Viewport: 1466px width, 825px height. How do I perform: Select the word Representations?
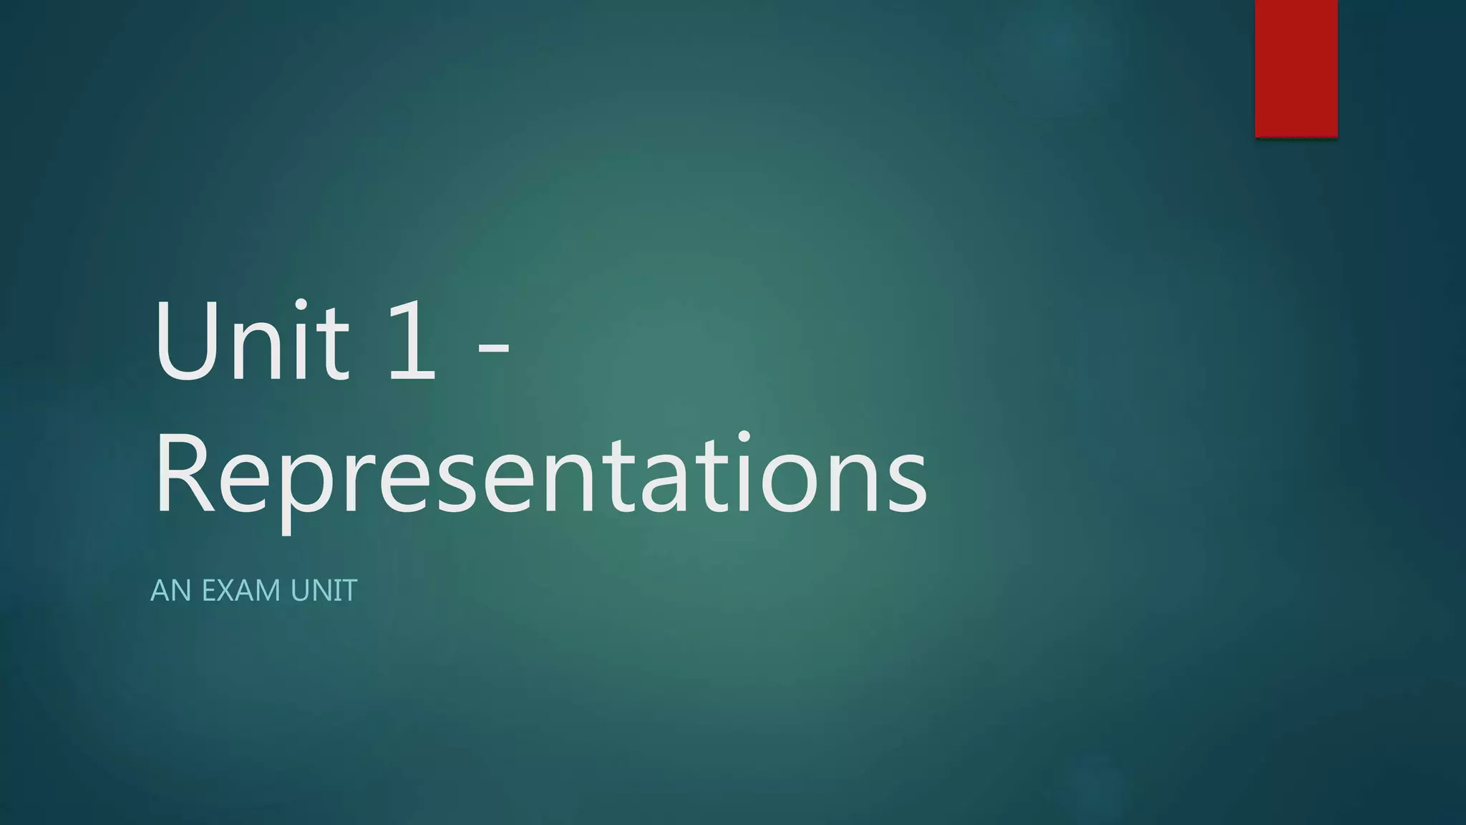(x=540, y=476)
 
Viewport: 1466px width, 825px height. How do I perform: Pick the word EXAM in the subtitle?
(x=241, y=591)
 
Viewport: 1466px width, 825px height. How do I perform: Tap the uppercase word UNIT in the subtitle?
(x=324, y=591)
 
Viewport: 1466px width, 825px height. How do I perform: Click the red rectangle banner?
(x=1296, y=68)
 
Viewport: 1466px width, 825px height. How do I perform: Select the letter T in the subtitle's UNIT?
(x=349, y=591)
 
